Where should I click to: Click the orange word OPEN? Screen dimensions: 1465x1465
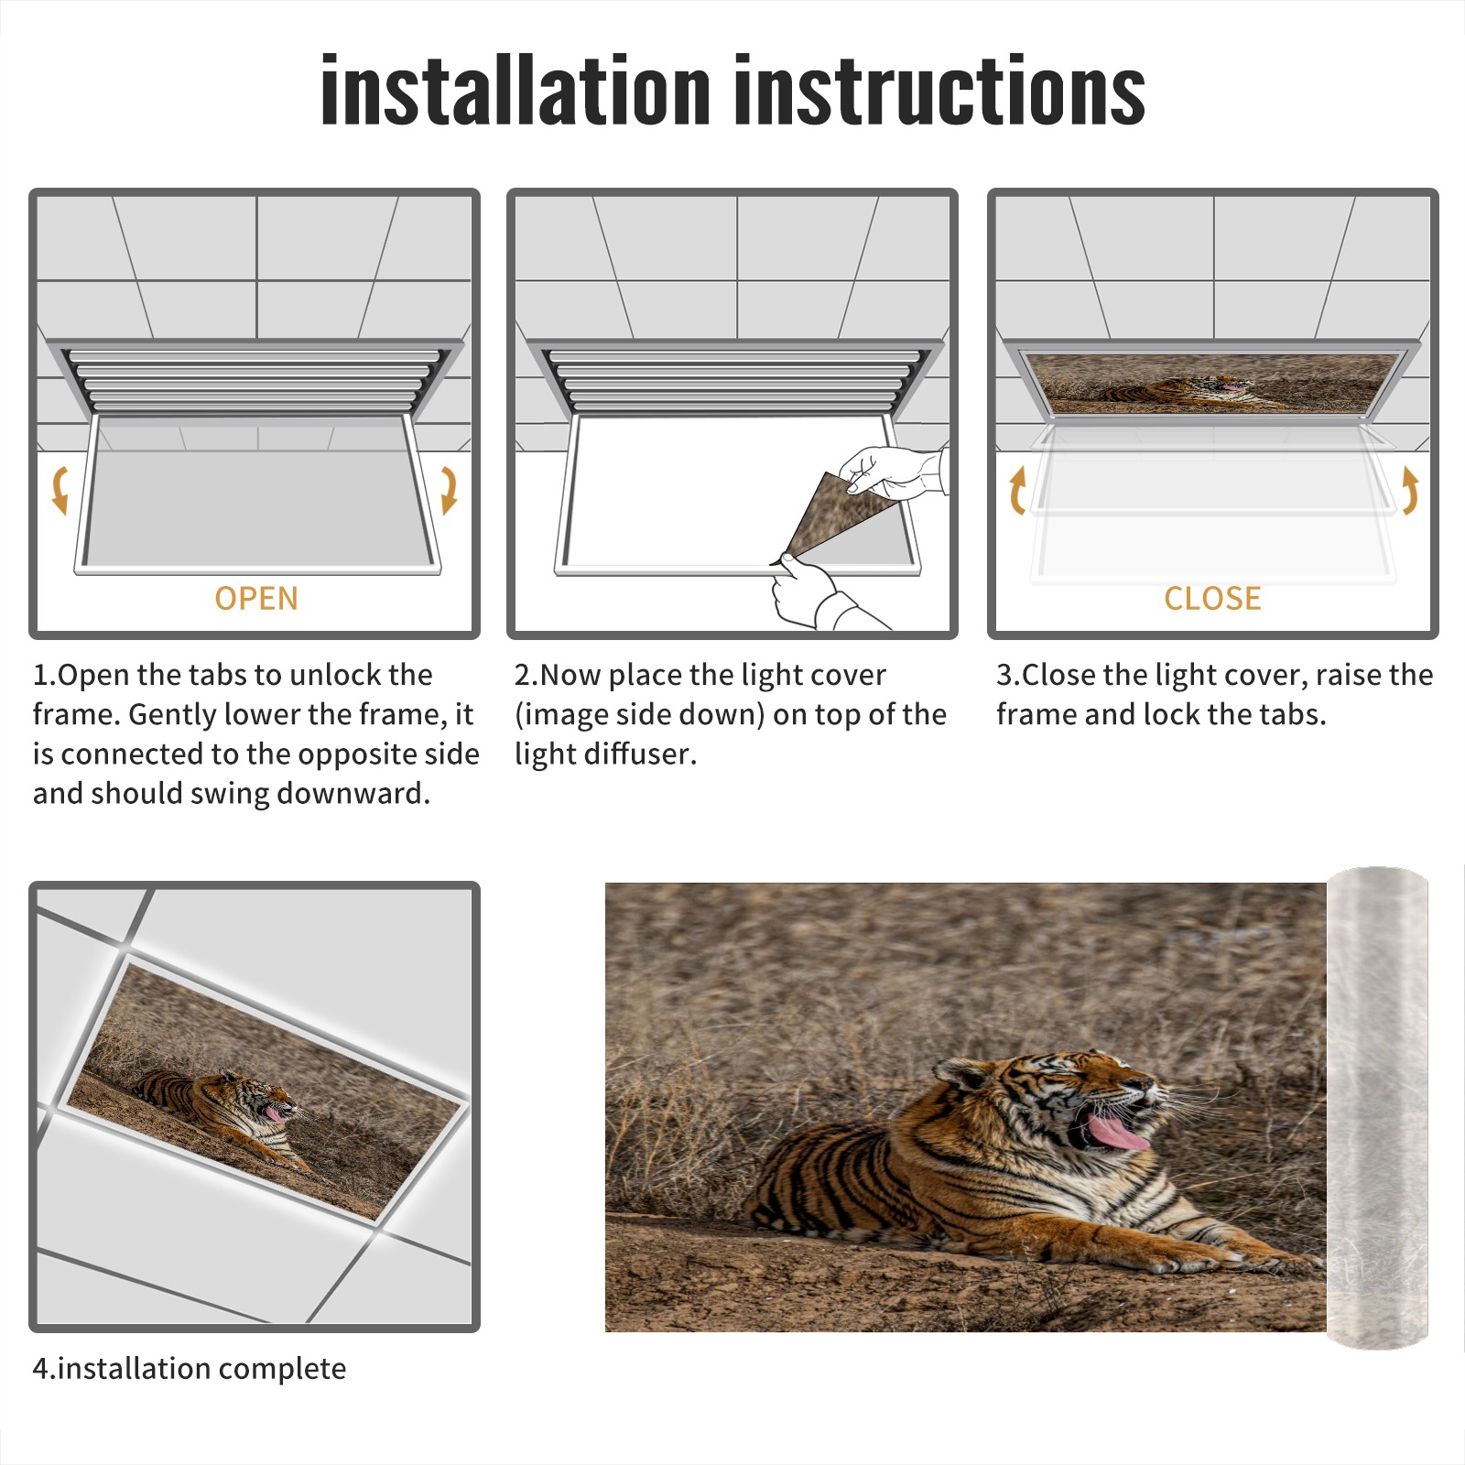pos(256,598)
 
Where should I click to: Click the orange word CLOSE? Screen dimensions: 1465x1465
pos(1212,598)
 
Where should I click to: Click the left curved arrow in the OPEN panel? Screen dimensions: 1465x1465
pos(60,490)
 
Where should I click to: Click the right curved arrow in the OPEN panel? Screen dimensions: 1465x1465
pos(449,490)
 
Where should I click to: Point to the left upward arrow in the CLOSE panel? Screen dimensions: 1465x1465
pos(1017,490)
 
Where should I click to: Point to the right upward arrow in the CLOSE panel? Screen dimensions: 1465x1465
pos(1410,490)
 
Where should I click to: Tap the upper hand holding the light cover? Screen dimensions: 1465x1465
pos(893,472)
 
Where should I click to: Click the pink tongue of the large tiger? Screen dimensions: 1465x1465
pos(1115,1133)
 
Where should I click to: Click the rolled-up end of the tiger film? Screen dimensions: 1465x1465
pos(1377,1108)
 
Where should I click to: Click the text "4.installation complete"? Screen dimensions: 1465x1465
pos(190,1369)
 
